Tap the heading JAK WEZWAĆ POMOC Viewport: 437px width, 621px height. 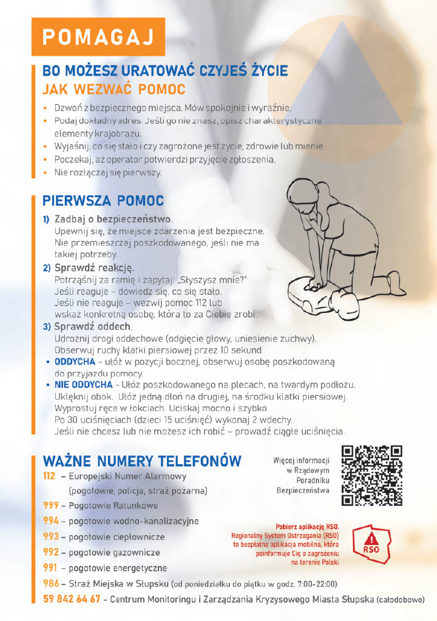[x=113, y=89]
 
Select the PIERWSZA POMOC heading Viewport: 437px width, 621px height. [x=103, y=201]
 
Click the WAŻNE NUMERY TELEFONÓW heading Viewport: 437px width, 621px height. [x=142, y=461]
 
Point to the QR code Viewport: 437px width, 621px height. [x=372, y=475]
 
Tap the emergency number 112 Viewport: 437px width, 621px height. [x=50, y=477]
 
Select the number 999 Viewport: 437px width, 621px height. [x=50, y=505]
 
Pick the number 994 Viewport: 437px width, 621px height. [x=50, y=521]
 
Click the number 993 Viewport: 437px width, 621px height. [x=50, y=537]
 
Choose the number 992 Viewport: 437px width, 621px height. [x=50, y=552]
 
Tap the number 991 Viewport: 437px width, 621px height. [x=50, y=568]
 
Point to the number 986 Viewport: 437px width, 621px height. [x=50, y=584]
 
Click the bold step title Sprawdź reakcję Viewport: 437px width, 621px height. [x=94, y=267]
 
